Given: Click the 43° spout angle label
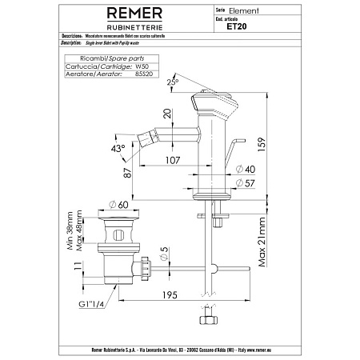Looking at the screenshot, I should click(x=118, y=150).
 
